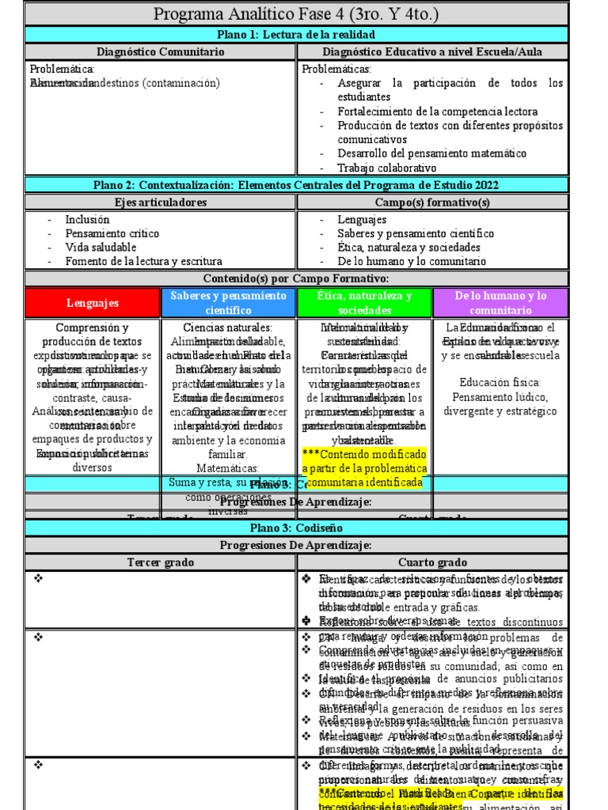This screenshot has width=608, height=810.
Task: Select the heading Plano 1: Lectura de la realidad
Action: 296,34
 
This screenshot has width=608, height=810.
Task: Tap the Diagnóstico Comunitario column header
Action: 161,51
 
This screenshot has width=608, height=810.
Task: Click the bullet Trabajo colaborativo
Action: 386,168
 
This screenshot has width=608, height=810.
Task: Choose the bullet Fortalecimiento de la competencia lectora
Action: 437,112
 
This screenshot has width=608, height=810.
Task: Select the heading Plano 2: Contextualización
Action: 296,185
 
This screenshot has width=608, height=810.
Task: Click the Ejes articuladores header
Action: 161,202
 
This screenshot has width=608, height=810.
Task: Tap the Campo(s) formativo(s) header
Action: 443,202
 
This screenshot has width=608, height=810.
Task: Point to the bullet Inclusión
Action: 88,220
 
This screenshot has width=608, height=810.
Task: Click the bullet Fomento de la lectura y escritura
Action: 143,261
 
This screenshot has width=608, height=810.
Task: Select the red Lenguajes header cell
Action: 93,303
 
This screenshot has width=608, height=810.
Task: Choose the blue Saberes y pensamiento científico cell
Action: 229,303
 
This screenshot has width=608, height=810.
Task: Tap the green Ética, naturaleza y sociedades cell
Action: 365,303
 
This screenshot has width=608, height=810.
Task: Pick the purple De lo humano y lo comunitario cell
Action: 500,303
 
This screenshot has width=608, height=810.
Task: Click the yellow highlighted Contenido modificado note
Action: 365,467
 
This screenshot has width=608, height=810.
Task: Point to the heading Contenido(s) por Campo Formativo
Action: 296,278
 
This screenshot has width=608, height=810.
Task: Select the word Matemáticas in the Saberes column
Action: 229,467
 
